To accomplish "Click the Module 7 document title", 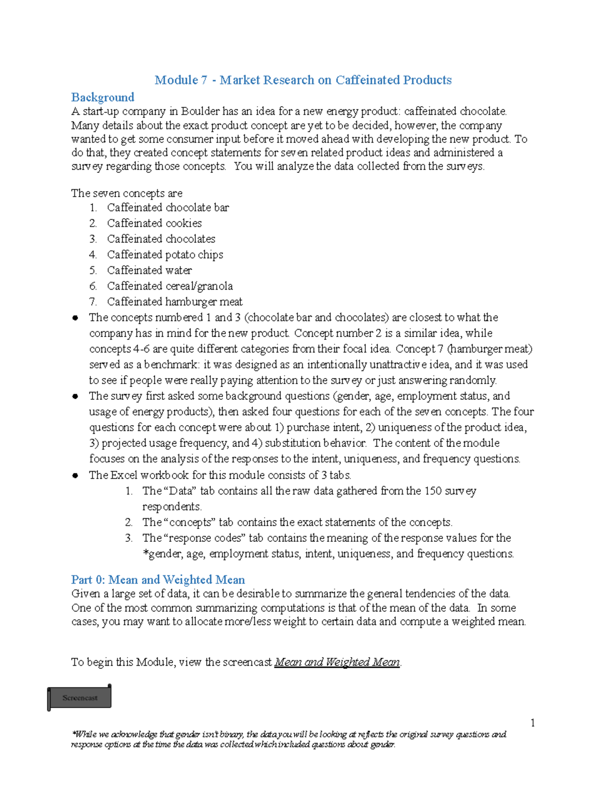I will [x=303, y=80].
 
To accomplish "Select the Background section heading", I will [x=103, y=97].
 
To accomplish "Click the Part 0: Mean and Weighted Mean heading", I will [x=158, y=579].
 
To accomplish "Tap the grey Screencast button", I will [x=80, y=698].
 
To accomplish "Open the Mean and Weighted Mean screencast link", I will [x=337, y=662].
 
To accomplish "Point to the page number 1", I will [x=533, y=723].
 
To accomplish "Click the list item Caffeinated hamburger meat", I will [x=175, y=302].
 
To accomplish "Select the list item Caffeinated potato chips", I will [x=165, y=255].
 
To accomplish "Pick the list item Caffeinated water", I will [x=149, y=270].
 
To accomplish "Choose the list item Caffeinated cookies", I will [x=154, y=223].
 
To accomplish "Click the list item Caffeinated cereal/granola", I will [x=170, y=286].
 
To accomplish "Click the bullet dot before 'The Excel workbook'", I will [x=75, y=475].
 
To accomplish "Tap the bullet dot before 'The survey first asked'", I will [x=75, y=396].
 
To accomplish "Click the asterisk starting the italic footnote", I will [x=73, y=734].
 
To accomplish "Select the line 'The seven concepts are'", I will [x=126, y=193].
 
